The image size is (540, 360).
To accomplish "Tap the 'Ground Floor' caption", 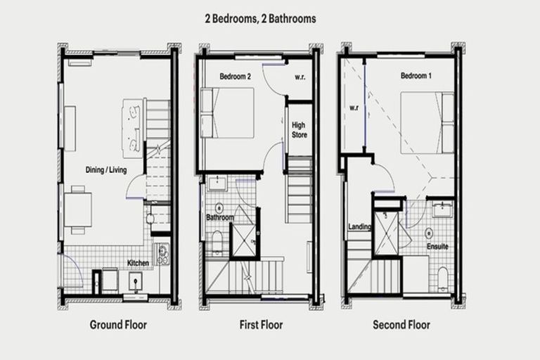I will [x=118, y=325].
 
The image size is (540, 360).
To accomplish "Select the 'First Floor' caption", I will [x=260, y=325].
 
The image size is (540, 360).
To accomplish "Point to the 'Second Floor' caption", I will [x=402, y=325].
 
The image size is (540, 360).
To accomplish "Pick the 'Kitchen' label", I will [x=138, y=263].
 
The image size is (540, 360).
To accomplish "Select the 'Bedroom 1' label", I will [x=416, y=75].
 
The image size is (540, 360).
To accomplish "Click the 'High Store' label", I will [x=299, y=129].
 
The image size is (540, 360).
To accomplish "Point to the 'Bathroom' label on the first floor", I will [x=219, y=218].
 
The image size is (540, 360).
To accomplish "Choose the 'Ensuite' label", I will [x=437, y=247].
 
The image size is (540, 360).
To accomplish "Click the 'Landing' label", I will [x=359, y=227].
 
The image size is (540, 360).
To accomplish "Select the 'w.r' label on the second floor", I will [x=353, y=108].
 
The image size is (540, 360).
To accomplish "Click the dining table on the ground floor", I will [x=78, y=210].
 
